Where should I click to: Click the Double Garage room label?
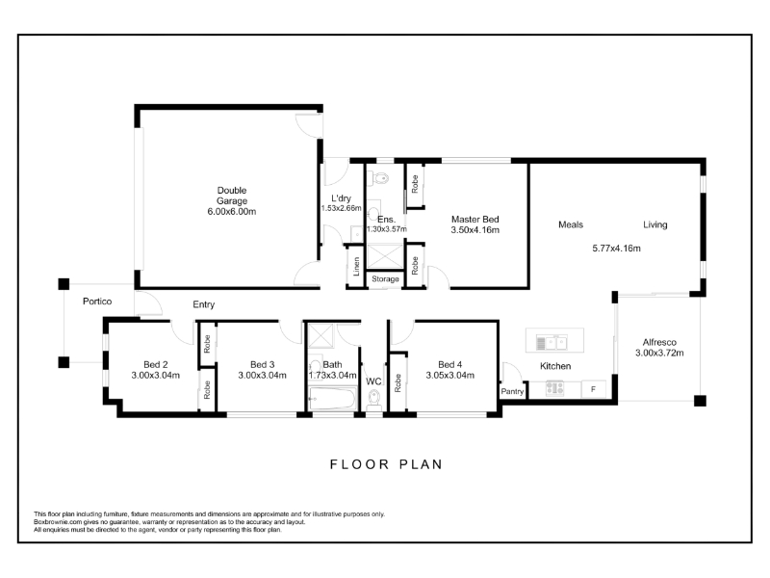(232, 196)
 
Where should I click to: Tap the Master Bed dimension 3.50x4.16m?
(475, 230)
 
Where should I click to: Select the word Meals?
(571, 224)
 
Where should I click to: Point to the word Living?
(655, 224)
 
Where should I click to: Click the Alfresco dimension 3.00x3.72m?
(659, 353)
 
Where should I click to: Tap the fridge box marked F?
(594, 389)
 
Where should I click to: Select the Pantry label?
(512, 391)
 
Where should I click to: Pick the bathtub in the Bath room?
(332, 398)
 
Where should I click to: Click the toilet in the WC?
(374, 400)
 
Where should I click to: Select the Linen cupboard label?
(356, 267)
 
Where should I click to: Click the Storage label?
(385, 279)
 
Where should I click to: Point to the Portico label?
(97, 302)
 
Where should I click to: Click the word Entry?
(204, 304)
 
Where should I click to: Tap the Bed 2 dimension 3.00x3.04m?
(155, 376)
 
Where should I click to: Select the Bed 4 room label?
(449, 365)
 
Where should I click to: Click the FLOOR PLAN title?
(387, 464)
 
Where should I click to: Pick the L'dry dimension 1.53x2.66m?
(342, 208)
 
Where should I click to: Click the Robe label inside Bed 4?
(398, 382)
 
